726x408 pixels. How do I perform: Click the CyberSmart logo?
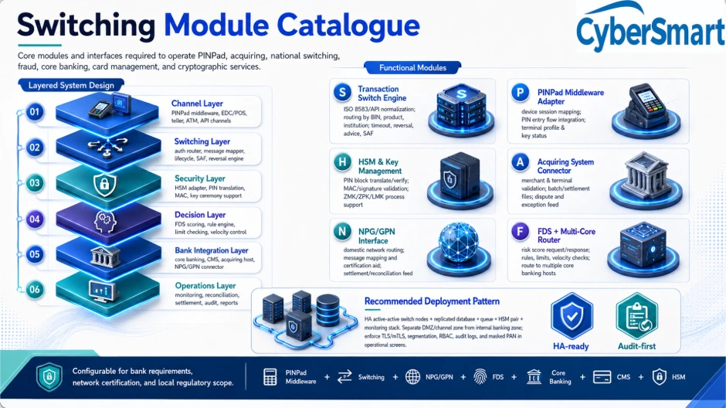point(650,27)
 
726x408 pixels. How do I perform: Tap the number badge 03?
point(35,183)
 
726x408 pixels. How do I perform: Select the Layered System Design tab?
point(71,85)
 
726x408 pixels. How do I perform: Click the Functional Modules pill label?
point(412,68)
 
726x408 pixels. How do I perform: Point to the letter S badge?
point(343,92)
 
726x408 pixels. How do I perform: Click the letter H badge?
point(342,162)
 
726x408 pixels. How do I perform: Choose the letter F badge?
point(521,231)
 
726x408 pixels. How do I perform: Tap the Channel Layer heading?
point(197,104)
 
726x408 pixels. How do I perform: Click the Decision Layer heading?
point(200,214)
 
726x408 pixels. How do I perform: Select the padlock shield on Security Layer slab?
point(104,185)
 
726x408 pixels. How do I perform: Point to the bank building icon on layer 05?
point(105,256)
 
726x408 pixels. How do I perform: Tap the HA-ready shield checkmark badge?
point(572,316)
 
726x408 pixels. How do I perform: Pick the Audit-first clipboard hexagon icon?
point(636,316)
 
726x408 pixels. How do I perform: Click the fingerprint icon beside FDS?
point(480,377)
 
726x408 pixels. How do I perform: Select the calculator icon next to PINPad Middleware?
point(270,377)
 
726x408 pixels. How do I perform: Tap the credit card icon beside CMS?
point(602,377)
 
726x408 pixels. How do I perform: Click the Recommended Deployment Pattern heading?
point(432,301)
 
